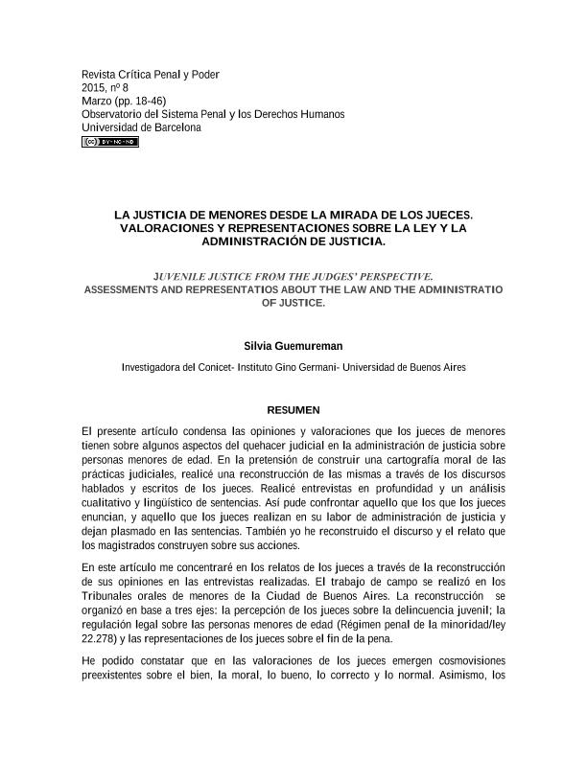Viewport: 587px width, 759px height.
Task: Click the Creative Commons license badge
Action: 110,142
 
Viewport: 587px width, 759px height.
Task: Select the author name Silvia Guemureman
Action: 293,345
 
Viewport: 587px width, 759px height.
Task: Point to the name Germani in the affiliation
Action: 313,368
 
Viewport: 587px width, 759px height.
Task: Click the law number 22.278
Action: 100,639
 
